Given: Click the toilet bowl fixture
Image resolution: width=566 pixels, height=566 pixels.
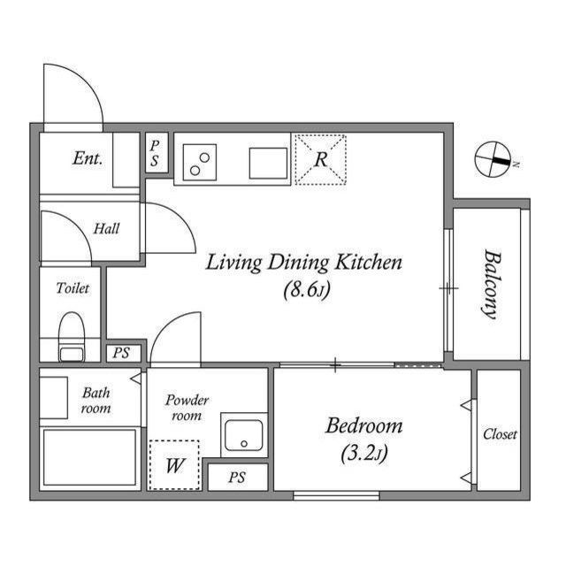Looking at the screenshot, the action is (x=72, y=337).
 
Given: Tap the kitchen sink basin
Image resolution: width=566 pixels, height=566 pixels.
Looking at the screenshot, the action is (x=268, y=163).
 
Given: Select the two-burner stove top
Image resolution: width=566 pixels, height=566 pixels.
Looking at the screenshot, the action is (x=200, y=162).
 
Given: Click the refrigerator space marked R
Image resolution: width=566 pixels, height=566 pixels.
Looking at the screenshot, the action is (x=320, y=159).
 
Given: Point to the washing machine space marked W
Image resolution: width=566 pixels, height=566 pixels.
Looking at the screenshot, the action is (x=174, y=465).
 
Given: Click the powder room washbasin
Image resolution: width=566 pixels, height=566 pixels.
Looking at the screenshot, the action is (x=244, y=435).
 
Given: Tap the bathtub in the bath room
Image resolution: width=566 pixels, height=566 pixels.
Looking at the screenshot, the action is (x=89, y=457).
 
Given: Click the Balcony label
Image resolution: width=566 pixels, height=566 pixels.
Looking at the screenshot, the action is (x=493, y=285).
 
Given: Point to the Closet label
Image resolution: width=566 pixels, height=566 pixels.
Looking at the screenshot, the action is (x=500, y=434).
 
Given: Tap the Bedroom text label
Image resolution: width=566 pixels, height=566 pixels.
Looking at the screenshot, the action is (x=363, y=425).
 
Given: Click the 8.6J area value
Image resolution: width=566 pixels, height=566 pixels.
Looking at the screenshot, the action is (x=307, y=290).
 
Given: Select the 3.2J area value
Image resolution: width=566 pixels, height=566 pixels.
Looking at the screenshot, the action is (x=363, y=454).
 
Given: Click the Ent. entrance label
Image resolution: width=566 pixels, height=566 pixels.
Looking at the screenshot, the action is (x=88, y=158).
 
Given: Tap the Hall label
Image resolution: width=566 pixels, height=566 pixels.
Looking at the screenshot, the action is (x=106, y=228).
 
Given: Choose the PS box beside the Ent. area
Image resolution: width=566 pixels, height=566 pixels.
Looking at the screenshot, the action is (x=157, y=153).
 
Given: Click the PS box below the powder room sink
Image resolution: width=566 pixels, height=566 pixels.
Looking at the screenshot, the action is (x=238, y=478).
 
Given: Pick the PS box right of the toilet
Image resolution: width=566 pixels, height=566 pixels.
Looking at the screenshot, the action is (x=124, y=353).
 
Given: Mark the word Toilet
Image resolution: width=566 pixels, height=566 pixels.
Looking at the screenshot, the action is (x=73, y=288).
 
